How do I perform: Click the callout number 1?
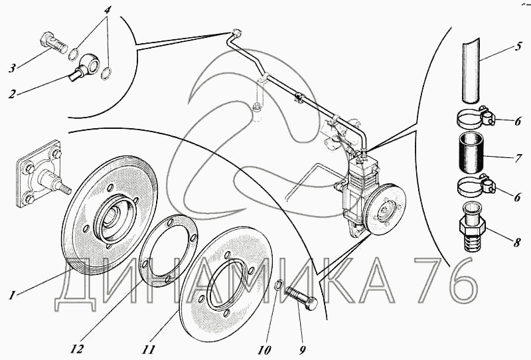coord(13,296)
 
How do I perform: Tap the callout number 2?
coord(12,94)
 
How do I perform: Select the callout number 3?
coord(12,68)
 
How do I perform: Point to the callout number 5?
coord(518,46)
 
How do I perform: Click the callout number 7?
coord(518,159)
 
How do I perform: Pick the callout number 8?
coord(517,242)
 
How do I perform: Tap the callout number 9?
coord(303,349)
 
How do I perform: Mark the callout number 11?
coord(148,349)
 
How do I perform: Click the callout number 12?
coord(78,349)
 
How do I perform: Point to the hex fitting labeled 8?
coord(472,226)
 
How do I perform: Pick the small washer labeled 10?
coord(277,284)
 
